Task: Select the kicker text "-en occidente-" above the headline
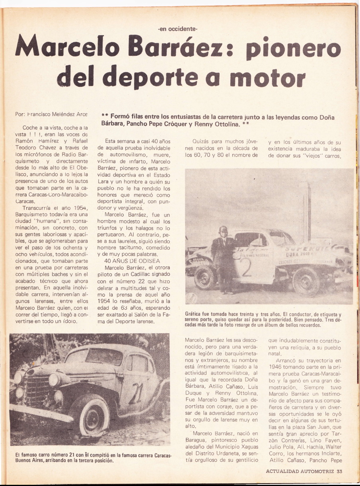(177, 28)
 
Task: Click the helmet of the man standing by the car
(222, 230)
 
